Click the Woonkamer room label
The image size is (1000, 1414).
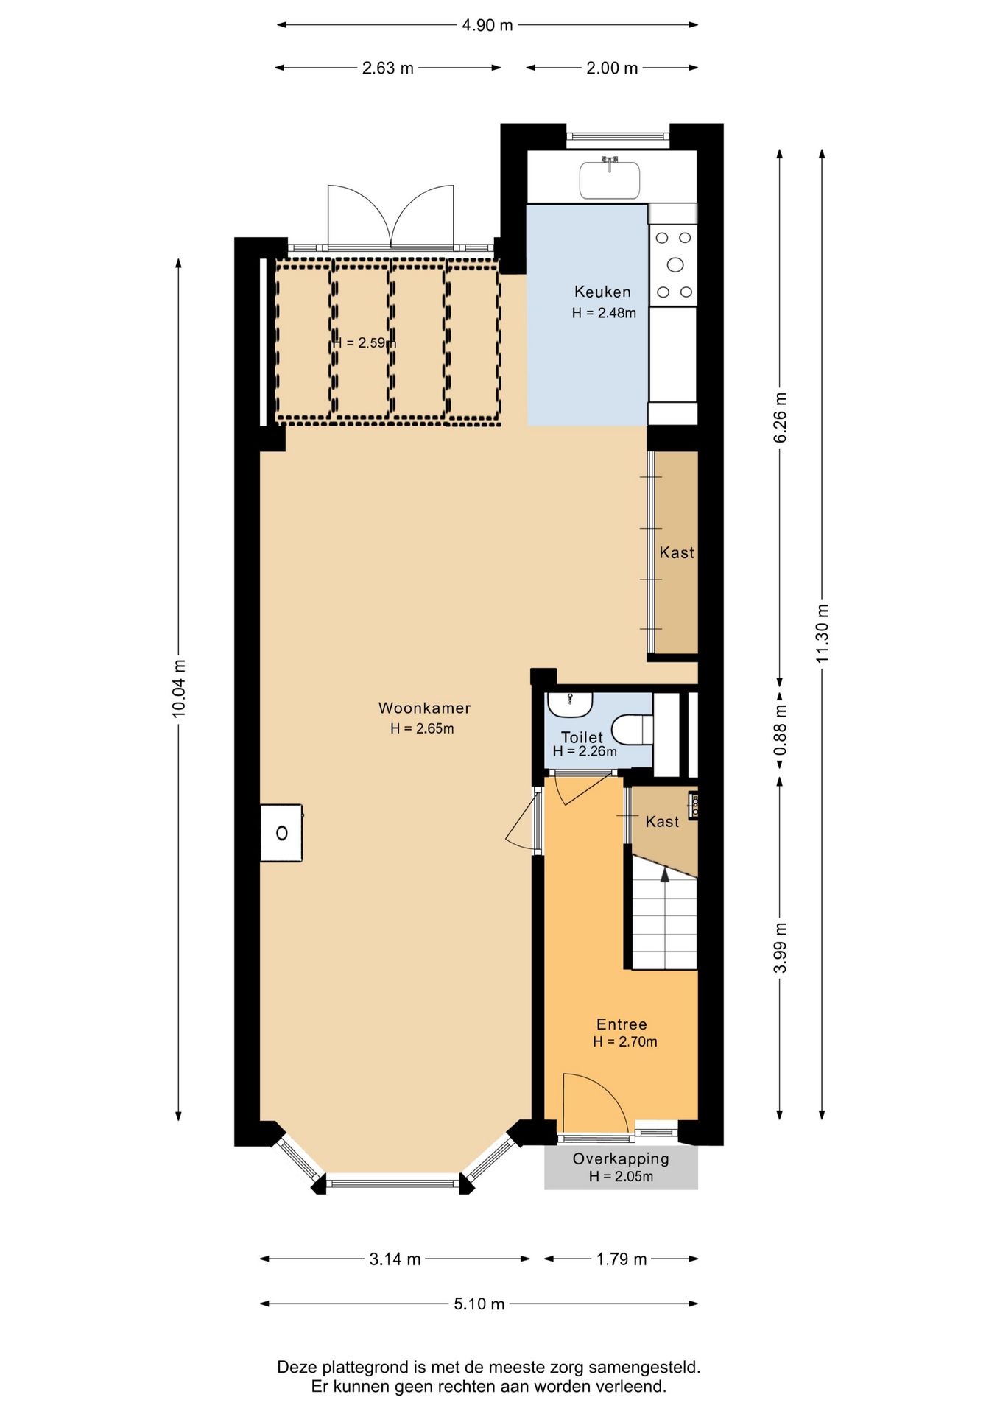pyautogui.click(x=424, y=708)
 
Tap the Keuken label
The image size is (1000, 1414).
pyautogui.click(x=602, y=292)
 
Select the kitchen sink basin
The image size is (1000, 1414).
pyautogui.click(x=609, y=180)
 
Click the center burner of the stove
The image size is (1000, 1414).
pyautogui.click(x=675, y=264)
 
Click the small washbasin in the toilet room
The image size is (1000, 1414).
pyautogui.click(x=570, y=704)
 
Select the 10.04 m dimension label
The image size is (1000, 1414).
pyautogui.click(x=179, y=689)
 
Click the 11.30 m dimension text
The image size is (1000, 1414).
pyautogui.click(x=823, y=633)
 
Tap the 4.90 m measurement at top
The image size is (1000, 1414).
pyautogui.click(x=487, y=25)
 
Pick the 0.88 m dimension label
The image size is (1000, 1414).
pyautogui.click(x=781, y=730)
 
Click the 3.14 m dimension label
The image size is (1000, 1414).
pyautogui.click(x=395, y=1259)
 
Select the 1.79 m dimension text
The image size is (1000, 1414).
pyautogui.click(x=622, y=1259)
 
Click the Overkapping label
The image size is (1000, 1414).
pyautogui.click(x=621, y=1158)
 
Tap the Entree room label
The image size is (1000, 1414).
pyautogui.click(x=622, y=1024)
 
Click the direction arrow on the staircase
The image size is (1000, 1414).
pyautogui.click(x=665, y=875)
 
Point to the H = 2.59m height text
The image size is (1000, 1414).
pyautogui.click(x=364, y=343)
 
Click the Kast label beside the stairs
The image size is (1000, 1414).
pyautogui.click(x=662, y=822)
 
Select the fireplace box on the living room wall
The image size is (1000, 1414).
pyautogui.click(x=281, y=833)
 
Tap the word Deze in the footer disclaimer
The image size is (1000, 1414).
pyautogui.click(x=295, y=1368)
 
